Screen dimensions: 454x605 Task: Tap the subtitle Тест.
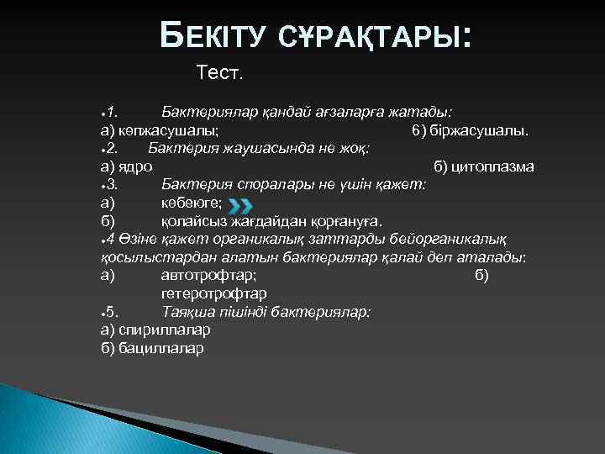[x=219, y=74]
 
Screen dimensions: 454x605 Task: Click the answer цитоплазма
[x=493, y=166]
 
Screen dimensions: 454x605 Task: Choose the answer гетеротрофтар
[x=213, y=293]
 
